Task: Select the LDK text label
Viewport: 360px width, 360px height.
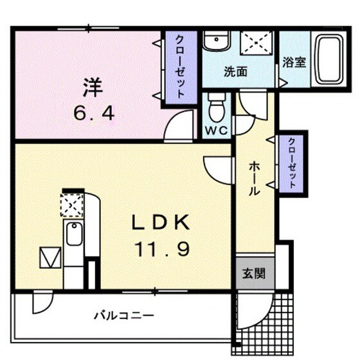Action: point(160,223)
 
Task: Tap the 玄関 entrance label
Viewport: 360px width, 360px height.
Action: point(249,273)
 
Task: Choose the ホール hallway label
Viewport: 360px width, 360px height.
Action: point(254,177)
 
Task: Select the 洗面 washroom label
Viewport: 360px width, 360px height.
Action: point(236,72)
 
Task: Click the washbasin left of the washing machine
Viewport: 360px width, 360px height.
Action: point(215,42)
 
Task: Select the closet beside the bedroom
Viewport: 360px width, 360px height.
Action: point(179,68)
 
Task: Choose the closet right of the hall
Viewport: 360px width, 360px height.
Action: point(291,163)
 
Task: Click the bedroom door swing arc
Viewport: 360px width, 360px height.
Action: point(180,125)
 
